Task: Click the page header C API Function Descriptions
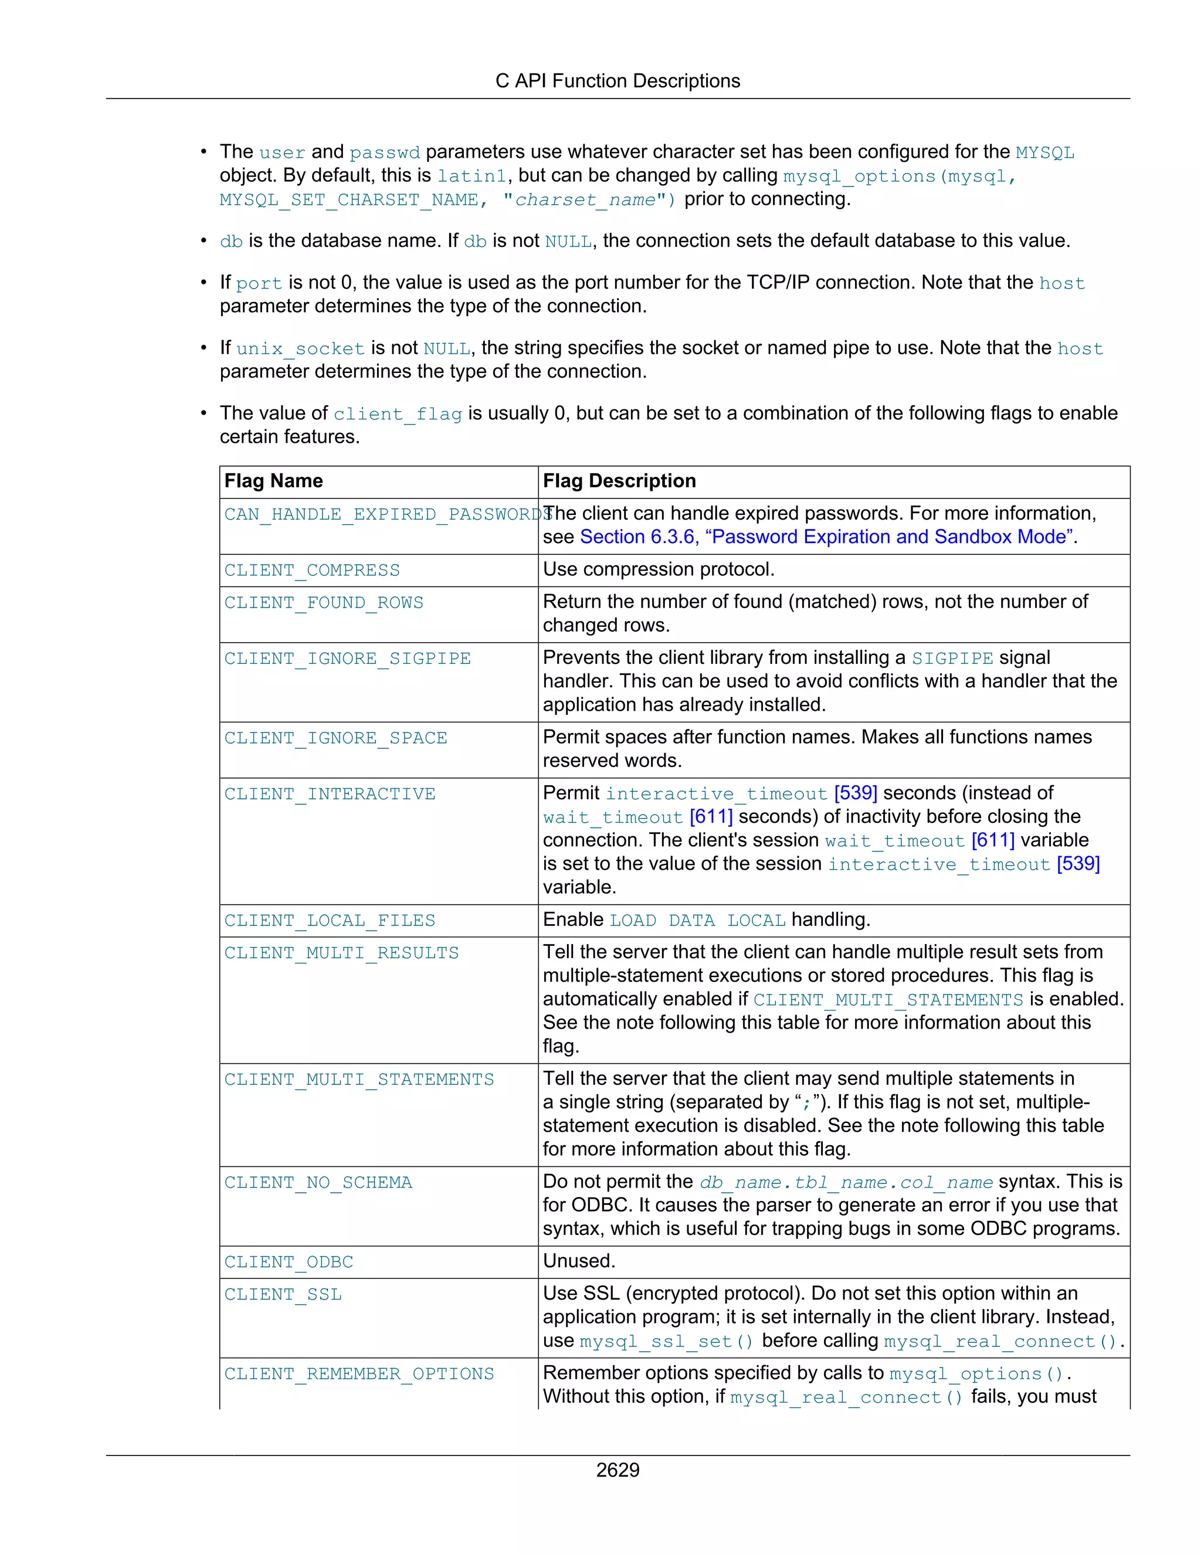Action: (618, 81)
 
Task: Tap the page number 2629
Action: (618, 1470)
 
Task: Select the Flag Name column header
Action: (273, 481)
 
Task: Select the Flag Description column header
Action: (619, 481)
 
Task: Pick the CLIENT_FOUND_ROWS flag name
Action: (324, 603)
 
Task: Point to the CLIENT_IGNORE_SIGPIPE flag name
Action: (347, 659)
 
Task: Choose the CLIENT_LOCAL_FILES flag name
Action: (330, 921)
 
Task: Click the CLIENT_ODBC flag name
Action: (289, 1263)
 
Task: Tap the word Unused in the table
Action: (578, 1261)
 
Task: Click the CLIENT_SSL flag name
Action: (283, 1294)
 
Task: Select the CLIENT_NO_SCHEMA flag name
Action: (318, 1183)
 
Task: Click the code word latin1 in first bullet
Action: (471, 177)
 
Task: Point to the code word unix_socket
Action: (300, 349)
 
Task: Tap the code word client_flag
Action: (398, 414)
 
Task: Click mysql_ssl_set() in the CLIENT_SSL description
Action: (666, 1342)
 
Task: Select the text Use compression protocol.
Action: (658, 569)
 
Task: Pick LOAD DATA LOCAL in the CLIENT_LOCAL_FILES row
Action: (697, 921)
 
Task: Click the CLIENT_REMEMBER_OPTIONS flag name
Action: (359, 1374)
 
